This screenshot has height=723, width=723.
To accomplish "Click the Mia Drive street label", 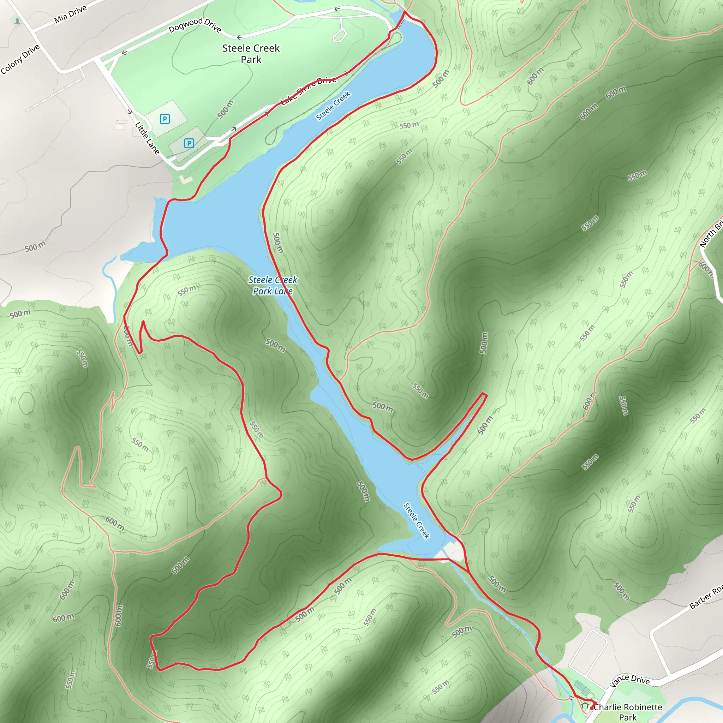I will coord(70,14).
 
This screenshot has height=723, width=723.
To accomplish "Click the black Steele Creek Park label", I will coord(251,54).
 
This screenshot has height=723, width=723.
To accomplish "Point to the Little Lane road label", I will coord(147,138).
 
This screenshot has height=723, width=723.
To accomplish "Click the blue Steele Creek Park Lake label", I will coord(273,285).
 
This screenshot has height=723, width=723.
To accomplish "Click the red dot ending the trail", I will coord(592,708).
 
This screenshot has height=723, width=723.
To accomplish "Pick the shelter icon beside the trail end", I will coord(585,706).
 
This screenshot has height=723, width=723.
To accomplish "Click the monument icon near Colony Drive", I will coord(17,21).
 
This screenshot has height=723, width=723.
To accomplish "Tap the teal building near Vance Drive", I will coord(581,687).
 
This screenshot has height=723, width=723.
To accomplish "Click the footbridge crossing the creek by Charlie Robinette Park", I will coord(572,698).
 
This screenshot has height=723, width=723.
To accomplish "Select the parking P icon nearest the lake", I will coord(189,143).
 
